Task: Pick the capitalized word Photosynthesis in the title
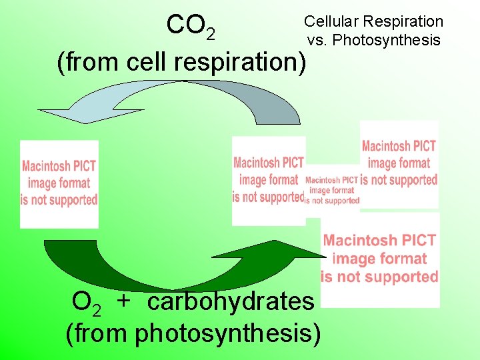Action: tap(386, 40)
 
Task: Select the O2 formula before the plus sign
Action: tap(87, 303)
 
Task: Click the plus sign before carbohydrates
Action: tap(123, 301)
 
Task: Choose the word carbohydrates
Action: tap(230, 301)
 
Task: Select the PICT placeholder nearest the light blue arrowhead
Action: tap(59, 183)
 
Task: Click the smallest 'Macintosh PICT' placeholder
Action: tap(332, 190)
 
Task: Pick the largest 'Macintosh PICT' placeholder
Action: tap(380, 259)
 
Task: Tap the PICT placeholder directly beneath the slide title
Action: tap(399, 163)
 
